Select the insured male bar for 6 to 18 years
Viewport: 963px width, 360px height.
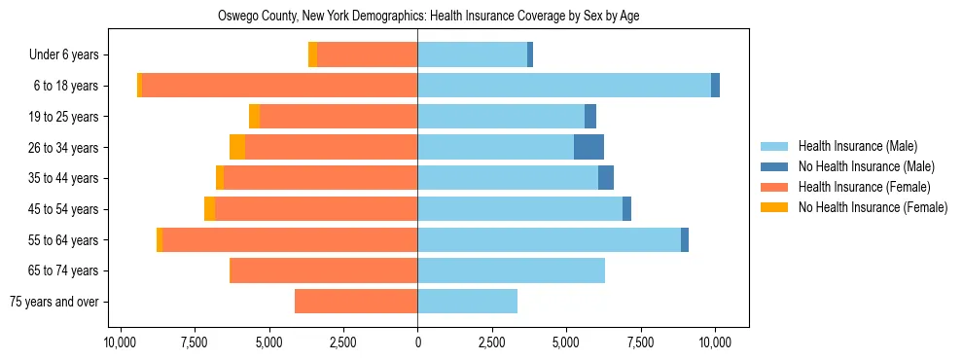[564, 86]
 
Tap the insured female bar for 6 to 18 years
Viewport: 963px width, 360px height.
[279, 86]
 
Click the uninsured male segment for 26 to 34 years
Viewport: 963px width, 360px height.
[588, 147]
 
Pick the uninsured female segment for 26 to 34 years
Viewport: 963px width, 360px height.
[237, 147]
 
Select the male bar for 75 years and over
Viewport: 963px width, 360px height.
[467, 302]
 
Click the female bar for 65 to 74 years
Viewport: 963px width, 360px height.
[323, 270]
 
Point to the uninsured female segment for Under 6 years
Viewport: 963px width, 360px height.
[312, 54]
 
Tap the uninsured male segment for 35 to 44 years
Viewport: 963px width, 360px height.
[606, 178]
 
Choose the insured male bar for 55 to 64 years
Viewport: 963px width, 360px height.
[549, 239]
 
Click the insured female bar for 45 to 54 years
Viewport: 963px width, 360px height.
[316, 209]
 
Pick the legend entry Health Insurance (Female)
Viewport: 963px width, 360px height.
[857, 187]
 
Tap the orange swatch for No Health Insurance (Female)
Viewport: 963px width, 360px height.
[776, 207]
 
